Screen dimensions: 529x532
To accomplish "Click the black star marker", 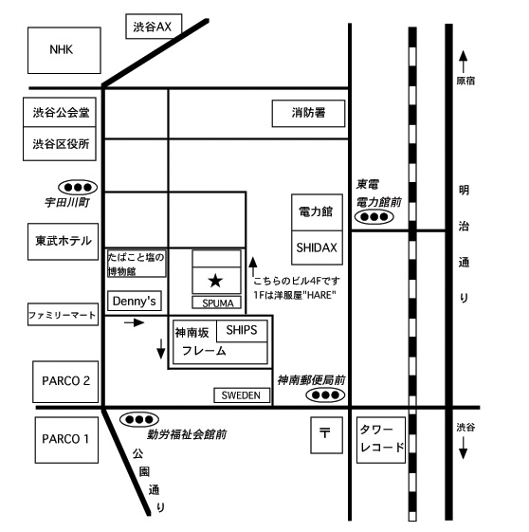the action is pos(215,281).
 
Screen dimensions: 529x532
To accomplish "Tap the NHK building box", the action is pos(64,50).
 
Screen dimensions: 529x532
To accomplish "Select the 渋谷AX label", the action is pos(153,27).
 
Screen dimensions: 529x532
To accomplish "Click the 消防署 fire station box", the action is pos(308,113).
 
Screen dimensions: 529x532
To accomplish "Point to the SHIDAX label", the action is pos(317,248).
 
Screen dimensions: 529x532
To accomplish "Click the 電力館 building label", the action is pos(316,211).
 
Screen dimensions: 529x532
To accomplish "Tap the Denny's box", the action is pos(135,301).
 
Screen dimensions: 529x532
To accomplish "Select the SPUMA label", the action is pos(218,303).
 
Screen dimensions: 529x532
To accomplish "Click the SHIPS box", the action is pos(242,330).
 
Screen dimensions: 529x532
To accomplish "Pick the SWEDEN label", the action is pos(241,395).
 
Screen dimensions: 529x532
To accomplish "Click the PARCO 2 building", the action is pos(65,381).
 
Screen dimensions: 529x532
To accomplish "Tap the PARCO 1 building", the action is pos(66,440).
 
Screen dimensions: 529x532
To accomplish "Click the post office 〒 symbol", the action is pos(324,433).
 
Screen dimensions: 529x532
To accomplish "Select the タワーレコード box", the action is pos(381,440).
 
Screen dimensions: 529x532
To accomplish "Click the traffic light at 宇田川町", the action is pos(78,187).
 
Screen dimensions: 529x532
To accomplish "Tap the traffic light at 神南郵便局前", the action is pos(325,394).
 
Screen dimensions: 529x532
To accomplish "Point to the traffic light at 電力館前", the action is pos(374,216).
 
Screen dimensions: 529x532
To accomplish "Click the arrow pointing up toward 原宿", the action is pos(463,62).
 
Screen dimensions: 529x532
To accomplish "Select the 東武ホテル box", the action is pos(64,242).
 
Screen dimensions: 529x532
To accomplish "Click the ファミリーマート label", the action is pos(62,315).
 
